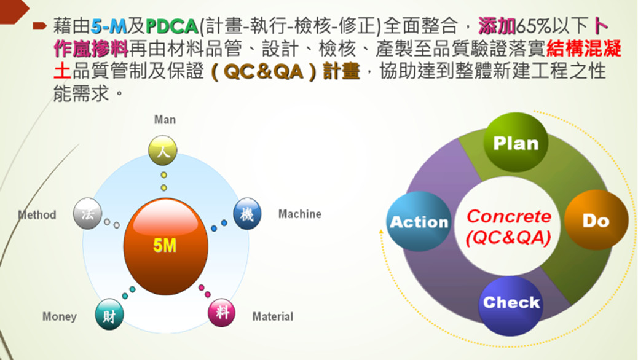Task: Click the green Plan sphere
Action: pyautogui.click(x=515, y=143)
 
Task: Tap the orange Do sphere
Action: pyautogui.click(x=596, y=220)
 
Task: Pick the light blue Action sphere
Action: pyautogui.click(x=419, y=222)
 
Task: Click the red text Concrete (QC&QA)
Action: pyautogui.click(x=508, y=227)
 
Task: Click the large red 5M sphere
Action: pyautogui.click(x=165, y=246)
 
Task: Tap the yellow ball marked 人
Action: pyautogui.click(x=163, y=150)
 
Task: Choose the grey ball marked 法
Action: pyautogui.click(x=87, y=214)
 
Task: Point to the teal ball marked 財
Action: pyautogui.click(x=109, y=315)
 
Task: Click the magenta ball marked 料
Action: pyautogui.click(x=223, y=313)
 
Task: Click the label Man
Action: pyautogui.click(x=165, y=120)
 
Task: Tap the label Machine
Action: pyautogui.click(x=299, y=214)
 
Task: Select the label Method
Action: pyautogui.click(x=37, y=215)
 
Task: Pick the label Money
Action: pyautogui.click(x=60, y=316)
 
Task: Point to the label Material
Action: pyautogui.click(x=273, y=316)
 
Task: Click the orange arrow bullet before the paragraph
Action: pyautogui.click(x=40, y=26)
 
